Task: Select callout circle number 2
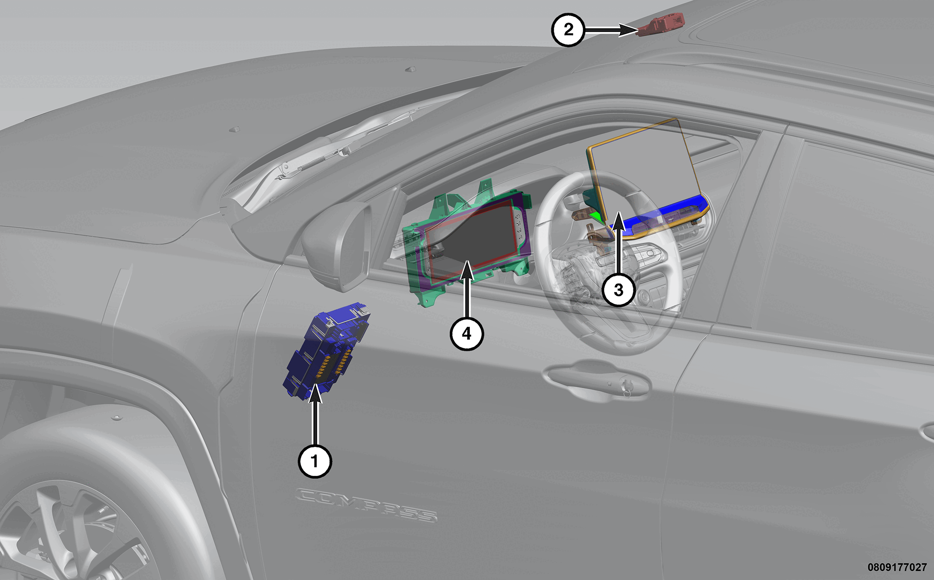568,30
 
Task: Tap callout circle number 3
618,290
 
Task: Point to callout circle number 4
467,333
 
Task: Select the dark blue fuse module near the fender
326,350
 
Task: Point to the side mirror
337,245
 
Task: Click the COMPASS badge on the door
366,505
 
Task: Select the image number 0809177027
897,567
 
